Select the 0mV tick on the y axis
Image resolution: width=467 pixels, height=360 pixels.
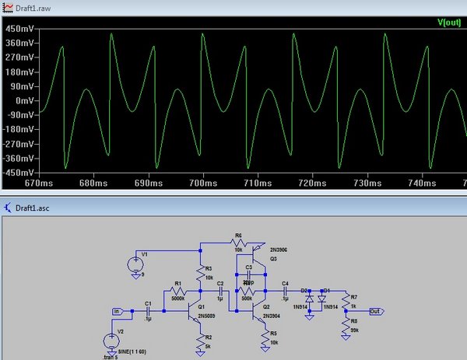(x=24, y=101)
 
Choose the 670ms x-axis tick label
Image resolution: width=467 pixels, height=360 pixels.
(x=37, y=183)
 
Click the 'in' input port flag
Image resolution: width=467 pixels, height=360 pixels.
(x=118, y=312)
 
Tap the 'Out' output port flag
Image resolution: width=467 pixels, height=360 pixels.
(x=375, y=312)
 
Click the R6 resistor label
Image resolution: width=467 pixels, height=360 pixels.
(x=238, y=235)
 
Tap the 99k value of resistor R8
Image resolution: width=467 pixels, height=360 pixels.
(x=354, y=330)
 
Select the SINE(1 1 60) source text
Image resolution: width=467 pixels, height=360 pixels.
(x=130, y=352)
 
